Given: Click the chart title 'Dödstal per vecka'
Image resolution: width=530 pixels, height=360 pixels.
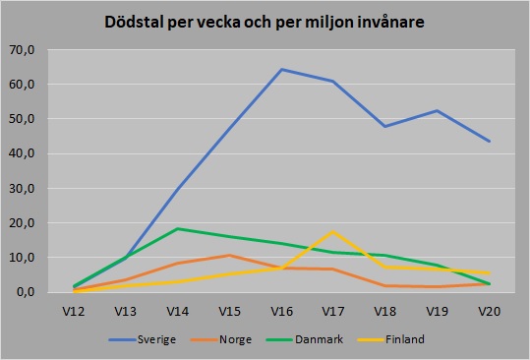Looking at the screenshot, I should point(265,23).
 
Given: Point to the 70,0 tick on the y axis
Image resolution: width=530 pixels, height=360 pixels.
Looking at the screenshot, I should point(23,50).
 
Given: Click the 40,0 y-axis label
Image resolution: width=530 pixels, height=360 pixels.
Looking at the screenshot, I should point(23,153).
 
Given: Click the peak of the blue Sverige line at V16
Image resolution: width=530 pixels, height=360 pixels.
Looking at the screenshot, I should point(281,69).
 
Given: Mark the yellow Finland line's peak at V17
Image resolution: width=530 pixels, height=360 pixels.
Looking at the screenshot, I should point(333,232).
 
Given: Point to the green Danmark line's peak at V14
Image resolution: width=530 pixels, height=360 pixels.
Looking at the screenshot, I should point(178,228).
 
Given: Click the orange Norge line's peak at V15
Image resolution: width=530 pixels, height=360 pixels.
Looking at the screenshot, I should point(229,256).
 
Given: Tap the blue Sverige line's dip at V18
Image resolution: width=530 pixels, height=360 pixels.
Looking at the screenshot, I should point(385,126).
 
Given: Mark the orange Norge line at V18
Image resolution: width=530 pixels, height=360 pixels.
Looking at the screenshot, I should point(385,285).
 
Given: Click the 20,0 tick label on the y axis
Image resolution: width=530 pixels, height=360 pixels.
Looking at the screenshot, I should point(23,223).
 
